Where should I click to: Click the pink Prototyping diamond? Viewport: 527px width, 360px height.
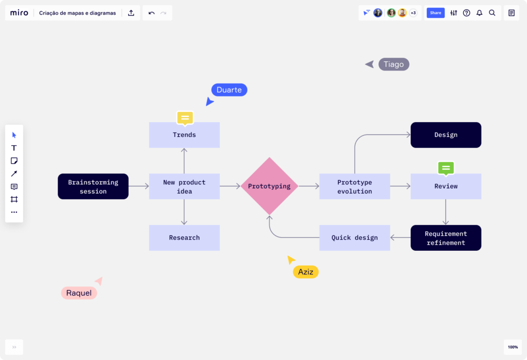(269, 186)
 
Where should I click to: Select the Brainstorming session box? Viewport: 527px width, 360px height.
(93, 186)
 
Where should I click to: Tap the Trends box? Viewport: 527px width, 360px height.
(184, 135)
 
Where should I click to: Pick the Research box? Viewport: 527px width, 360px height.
(184, 238)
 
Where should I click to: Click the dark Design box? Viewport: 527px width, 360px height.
(446, 135)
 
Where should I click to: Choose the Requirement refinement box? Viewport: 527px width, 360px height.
(446, 238)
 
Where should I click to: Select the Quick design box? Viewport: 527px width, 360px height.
(355, 238)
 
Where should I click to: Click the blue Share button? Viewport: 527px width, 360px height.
(435, 13)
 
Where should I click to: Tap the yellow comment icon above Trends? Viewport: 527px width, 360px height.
(185, 118)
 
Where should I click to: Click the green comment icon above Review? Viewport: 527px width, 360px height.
(446, 168)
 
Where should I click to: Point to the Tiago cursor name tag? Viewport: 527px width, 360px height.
(394, 64)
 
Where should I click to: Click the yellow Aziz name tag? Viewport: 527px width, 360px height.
(306, 272)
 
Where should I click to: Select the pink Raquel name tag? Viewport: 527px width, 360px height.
(79, 293)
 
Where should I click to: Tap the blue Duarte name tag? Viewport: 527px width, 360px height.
(229, 90)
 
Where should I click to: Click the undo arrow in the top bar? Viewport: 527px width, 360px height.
(151, 13)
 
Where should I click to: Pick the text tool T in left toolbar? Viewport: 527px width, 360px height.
(14, 148)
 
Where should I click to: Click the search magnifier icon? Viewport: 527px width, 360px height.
(492, 13)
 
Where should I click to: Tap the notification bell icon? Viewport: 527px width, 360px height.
(479, 13)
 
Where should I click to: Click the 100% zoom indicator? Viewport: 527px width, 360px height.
(513, 347)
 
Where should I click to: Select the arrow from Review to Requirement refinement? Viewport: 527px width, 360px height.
(446, 212)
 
